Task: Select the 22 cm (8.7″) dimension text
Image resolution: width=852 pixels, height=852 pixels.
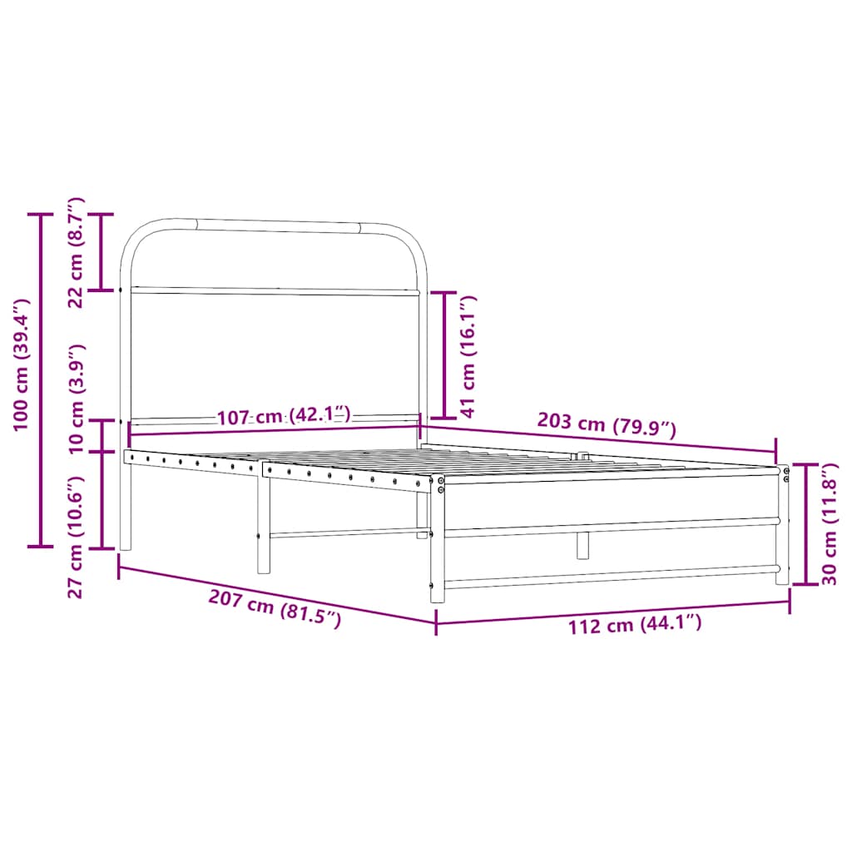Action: [x=76, y=252]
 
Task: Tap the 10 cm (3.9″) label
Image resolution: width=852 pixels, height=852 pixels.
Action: [x=76, y=398]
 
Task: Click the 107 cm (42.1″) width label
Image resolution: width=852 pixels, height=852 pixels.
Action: [x=284, y=416]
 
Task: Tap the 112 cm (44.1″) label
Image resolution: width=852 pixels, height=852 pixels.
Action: [x=634, y=625]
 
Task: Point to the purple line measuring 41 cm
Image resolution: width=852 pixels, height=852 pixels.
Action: [x=443, y=355]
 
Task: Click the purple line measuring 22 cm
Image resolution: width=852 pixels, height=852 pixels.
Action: [x=102, y=252]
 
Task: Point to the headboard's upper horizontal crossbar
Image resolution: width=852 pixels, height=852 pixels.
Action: [x=275, y=291]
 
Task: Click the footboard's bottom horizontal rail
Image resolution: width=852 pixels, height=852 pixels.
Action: [x=612, y=576]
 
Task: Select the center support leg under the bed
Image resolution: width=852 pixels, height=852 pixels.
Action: [x=582, y=545]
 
